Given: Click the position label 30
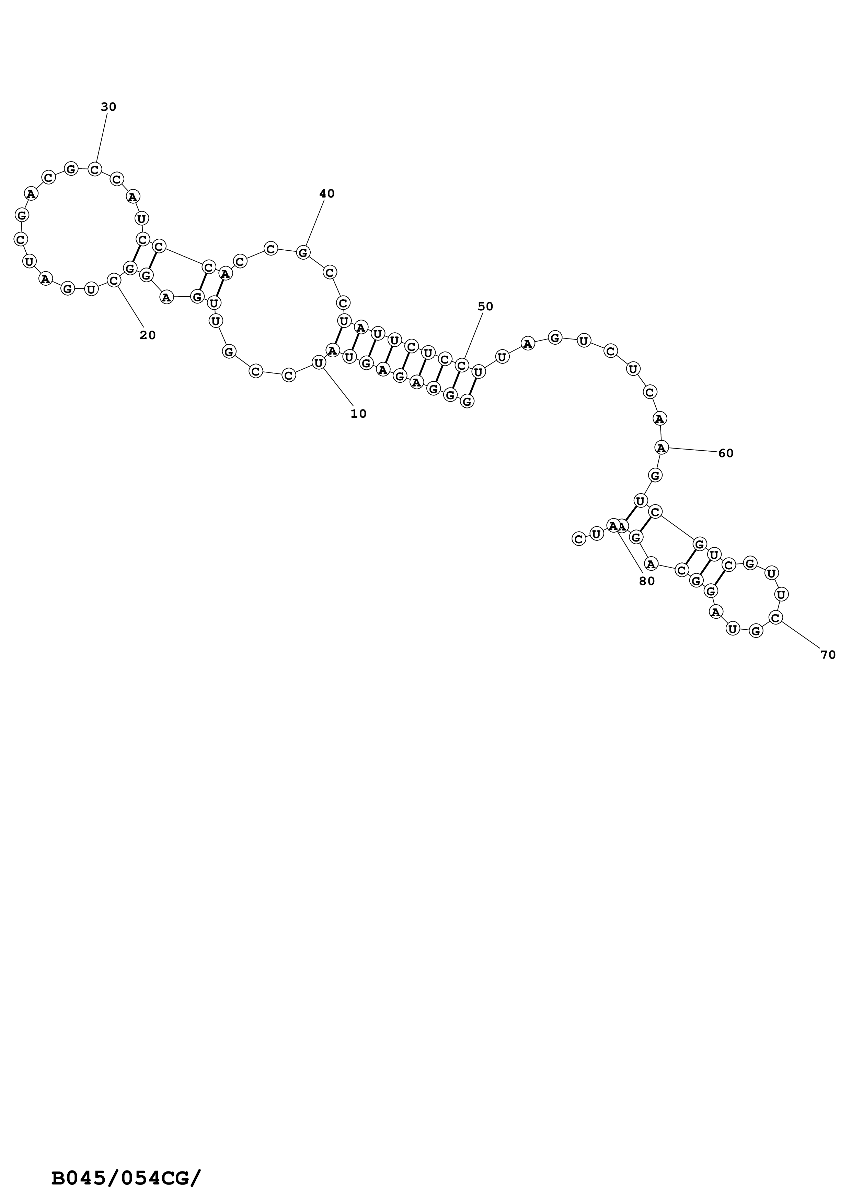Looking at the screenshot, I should pos(108,107).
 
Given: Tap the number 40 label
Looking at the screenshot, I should pos(327,194).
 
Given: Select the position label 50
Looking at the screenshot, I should pos(485,307).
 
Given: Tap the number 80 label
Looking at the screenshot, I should pos(647,581).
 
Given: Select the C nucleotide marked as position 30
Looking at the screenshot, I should pos(95,169).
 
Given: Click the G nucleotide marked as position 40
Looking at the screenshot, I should pos(303,252).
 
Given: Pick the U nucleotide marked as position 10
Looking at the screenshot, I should pos(318,362).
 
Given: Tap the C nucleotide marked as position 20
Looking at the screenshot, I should pos(114,280).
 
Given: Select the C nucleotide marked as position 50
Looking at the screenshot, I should pos(461,365).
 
